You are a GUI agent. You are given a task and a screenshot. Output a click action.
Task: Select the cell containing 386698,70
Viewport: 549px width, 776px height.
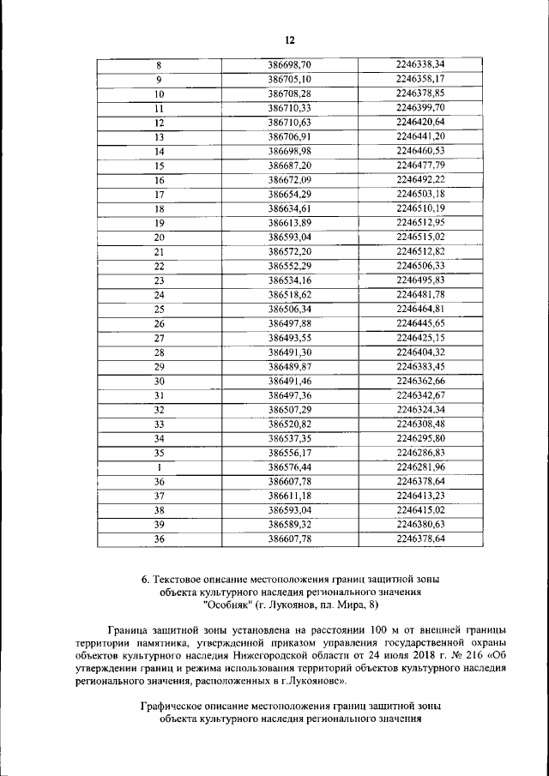coord(289,64)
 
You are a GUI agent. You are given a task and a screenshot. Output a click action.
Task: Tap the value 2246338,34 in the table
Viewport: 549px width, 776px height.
coord(420,64)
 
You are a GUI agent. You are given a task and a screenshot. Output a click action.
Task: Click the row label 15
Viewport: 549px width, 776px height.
coord(159,165)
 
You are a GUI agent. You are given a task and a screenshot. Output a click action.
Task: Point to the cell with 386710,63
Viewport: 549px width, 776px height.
coord(289,122)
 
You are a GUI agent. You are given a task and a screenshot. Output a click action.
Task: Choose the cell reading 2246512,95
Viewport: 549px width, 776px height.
coord(420,223)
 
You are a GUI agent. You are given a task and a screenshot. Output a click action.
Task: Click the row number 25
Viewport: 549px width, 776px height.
coord(159,310)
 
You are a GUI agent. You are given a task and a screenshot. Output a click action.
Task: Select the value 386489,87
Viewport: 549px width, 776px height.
coord(289,367)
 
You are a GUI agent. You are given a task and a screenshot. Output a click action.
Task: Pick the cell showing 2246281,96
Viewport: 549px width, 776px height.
coord(420,467)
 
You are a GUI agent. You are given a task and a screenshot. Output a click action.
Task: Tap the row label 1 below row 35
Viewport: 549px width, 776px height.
coord(159,468)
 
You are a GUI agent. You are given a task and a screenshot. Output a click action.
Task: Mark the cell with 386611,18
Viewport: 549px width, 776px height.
coord(289,496)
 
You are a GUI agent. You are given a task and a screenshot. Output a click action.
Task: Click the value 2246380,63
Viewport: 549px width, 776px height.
coord(420,525)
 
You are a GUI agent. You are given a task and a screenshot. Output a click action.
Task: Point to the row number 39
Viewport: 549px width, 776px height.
coord(159,525)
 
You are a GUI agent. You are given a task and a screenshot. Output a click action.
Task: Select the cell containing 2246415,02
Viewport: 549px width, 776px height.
coord(420,510)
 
